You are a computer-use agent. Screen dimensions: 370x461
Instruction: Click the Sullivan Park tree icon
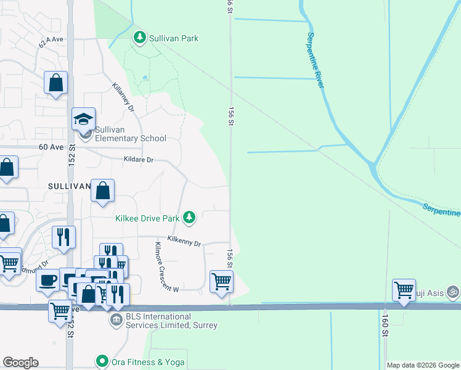(140, 38)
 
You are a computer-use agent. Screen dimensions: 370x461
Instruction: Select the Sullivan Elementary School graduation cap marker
(83, 119)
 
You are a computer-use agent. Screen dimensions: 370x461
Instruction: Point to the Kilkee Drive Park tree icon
(190, 217)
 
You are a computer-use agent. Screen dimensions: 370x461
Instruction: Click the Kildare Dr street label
(137, 160)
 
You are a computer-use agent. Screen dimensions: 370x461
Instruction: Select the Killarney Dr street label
(123, 97)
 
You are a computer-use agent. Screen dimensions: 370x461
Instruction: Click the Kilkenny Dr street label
(184, 241)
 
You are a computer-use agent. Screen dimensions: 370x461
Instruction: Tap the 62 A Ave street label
(51, 41)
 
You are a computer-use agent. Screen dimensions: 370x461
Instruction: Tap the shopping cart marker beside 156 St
(222, 281)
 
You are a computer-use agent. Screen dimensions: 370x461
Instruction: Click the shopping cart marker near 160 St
(404, 289)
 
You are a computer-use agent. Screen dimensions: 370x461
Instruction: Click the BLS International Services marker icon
(116, 320)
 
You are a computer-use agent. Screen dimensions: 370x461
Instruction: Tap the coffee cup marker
(47, 281)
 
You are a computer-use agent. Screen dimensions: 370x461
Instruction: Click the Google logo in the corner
(20, 363)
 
